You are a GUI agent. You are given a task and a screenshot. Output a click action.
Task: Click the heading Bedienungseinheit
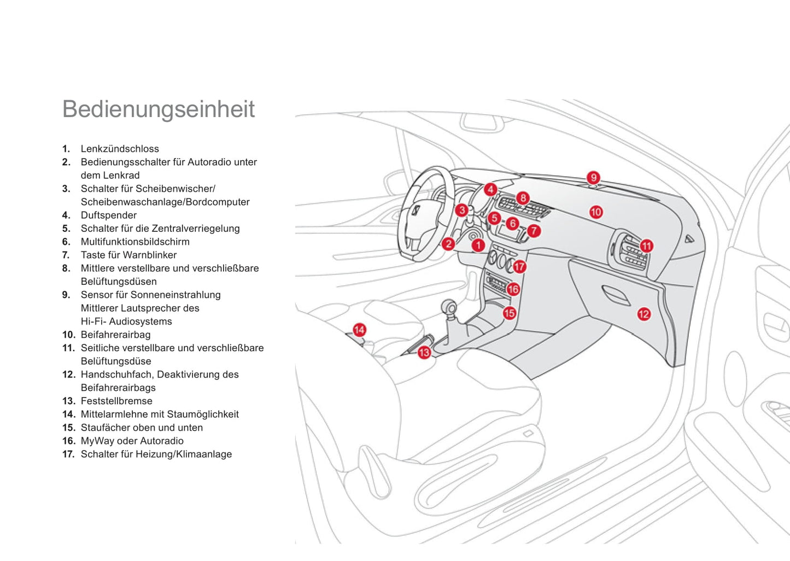click(159, 109)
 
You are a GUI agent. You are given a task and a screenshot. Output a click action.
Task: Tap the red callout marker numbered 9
click(593, 178)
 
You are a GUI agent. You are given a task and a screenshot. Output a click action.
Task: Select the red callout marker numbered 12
click(643, 314)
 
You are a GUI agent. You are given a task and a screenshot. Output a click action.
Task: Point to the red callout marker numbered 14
click(359, 330)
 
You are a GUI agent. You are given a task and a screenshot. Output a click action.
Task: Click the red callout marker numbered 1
click(478, 245)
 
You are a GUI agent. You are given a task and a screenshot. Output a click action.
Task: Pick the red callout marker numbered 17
click(519, 267)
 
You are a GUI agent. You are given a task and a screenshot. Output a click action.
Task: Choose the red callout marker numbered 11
click(647, 246)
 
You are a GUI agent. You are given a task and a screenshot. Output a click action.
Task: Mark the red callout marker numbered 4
click(490, 190)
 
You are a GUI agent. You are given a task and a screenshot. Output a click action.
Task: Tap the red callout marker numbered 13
click(424, 353)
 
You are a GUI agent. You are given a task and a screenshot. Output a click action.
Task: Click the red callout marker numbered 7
click(534, 231)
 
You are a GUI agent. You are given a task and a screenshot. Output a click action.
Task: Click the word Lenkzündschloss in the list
click(120, 149)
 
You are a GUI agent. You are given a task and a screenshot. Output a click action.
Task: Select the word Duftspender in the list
click(109, 215)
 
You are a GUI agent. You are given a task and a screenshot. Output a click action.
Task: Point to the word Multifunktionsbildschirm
click(135, 242)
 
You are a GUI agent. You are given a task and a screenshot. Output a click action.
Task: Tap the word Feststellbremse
click(116, 401)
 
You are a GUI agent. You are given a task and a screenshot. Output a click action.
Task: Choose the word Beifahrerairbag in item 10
click(115, 335)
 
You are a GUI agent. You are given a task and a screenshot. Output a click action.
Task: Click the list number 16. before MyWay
click(68, 441)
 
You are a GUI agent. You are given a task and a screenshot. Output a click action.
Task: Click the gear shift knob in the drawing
click(449, 307)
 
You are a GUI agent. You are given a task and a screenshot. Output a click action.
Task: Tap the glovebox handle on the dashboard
click(616, 295)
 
